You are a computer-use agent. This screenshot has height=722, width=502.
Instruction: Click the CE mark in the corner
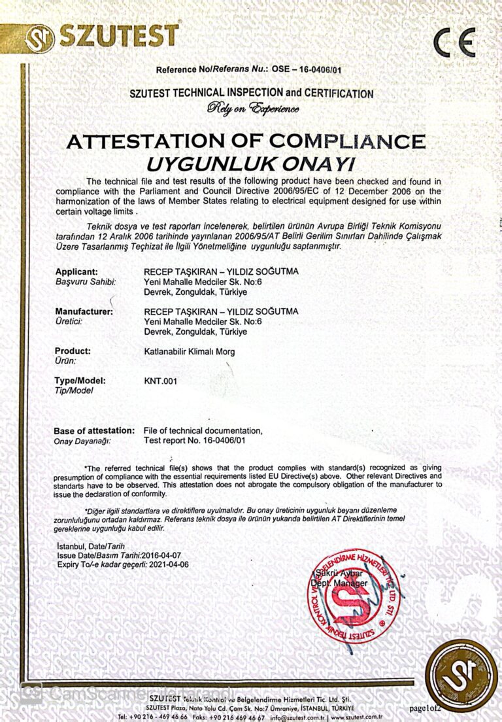(454, 43)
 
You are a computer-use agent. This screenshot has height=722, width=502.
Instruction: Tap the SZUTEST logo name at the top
(118, 36)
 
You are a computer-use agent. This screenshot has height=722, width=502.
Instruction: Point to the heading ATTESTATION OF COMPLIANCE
(246, 141)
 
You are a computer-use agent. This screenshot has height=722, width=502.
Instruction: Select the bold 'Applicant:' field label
(76, 271)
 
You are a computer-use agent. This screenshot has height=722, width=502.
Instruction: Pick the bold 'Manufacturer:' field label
(84, 311)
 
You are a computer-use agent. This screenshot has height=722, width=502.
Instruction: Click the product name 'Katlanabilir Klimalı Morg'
(189, 351)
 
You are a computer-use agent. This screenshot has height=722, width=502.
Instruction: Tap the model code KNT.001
(160, 381)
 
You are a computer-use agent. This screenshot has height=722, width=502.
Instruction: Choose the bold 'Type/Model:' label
(80, 380)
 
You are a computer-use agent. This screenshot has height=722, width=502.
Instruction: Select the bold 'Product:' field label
(73, 351)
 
